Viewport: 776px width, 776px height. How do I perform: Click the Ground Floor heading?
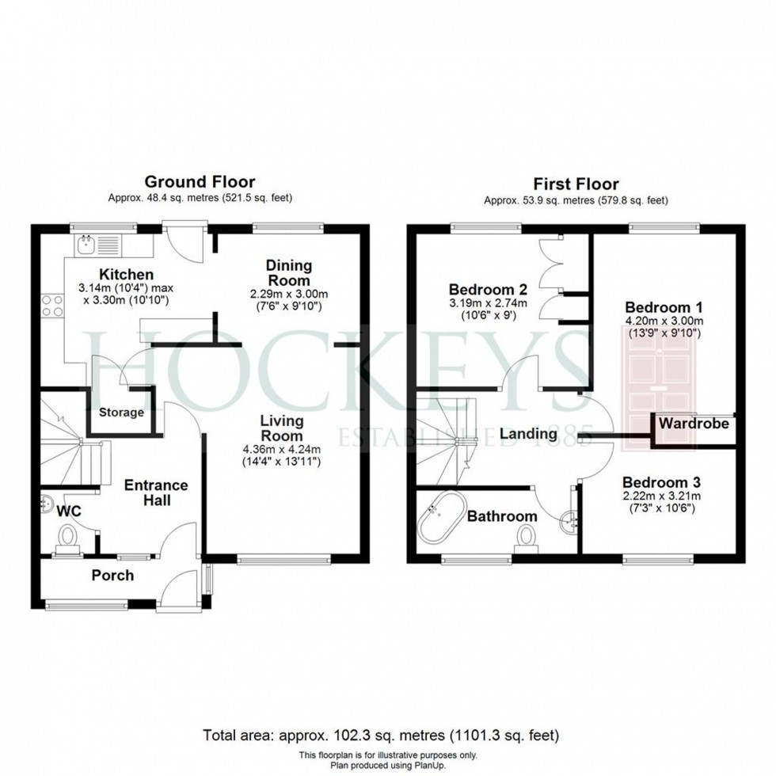tap(200, 182)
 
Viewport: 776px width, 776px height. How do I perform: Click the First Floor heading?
tap(576, 184)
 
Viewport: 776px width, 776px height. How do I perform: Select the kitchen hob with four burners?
tap(51, 305)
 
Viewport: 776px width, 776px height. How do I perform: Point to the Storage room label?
tap(121, 413)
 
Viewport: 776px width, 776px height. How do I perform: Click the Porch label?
tap(112, 576)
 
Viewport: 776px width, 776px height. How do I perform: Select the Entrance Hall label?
tap(156, 493)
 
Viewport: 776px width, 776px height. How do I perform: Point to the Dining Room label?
tap(288, 272)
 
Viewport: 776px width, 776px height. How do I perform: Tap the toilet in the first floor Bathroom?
tap(525, 538)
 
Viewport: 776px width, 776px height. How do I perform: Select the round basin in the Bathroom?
tap(569, 520)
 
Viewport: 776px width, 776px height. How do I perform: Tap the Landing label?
tap(527, 434)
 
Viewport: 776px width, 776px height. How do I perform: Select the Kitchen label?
tap(116, 275)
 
